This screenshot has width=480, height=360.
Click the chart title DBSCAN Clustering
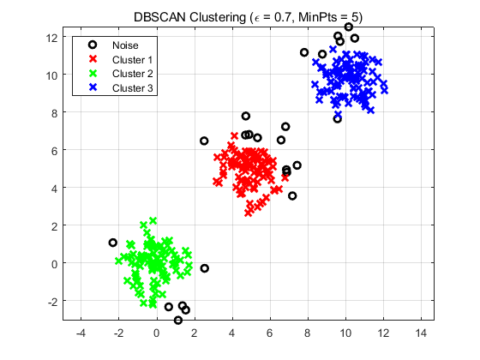coord(248,16)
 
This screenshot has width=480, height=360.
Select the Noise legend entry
coord(125,45)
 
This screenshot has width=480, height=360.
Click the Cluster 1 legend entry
coord(132,60)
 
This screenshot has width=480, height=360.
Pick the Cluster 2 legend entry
coord(132,74)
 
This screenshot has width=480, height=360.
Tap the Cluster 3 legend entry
coord(132,88)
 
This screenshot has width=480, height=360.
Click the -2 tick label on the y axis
coord(53,301)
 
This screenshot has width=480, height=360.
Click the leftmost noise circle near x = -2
coord(113,243)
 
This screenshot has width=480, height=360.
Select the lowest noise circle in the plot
coord(178,321)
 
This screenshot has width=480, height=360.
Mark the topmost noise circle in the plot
coord(349,27)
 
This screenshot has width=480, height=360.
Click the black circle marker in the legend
coord(93,45)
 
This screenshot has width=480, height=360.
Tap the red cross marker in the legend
coord(93,60)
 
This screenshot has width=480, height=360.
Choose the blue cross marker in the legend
coord(93,88)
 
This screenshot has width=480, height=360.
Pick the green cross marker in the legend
coord(93,74)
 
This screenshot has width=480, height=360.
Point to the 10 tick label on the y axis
coord(53,75)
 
